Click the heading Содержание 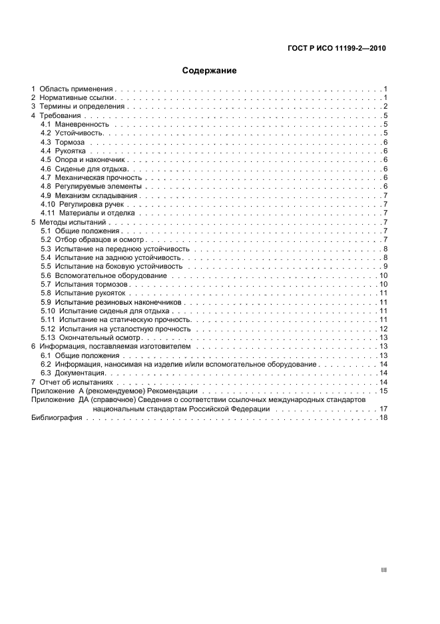(x=209, y=70)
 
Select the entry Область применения (x=77, y=89)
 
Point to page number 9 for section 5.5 (x=385, y=267)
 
